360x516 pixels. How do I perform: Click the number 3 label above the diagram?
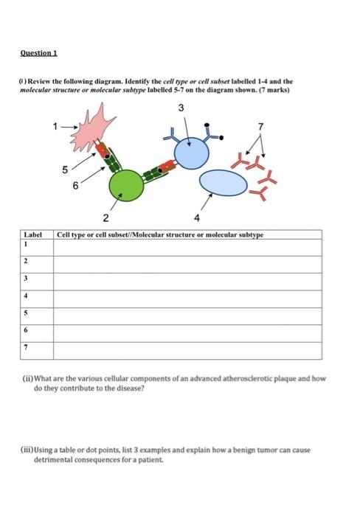point(181,110)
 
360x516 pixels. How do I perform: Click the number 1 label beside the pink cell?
point(54,126)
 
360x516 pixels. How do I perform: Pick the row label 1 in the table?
point(27,243)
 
